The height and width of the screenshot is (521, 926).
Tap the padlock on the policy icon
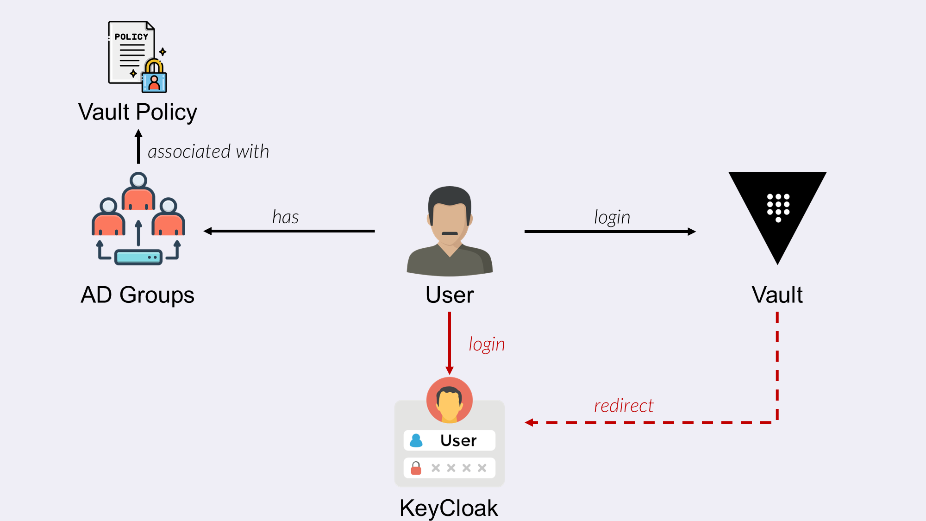154,77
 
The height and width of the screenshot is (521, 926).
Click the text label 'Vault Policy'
138,112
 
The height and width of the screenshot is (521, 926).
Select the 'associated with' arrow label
208,152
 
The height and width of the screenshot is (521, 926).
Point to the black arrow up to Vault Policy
138,147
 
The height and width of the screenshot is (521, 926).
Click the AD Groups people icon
138,218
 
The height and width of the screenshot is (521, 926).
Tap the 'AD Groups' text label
138,295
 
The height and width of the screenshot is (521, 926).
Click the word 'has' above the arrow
285,217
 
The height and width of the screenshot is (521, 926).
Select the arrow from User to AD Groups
289,231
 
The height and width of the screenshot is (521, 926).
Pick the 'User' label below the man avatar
450,295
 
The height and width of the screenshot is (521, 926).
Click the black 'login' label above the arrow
612,217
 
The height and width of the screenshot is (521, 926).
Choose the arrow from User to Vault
610,231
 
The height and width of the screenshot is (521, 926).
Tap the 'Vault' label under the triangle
777,295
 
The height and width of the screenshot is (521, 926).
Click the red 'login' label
487,345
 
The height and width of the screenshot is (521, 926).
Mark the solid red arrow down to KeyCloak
449,343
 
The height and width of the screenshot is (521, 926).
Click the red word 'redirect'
624,406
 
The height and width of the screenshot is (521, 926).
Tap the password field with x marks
449,468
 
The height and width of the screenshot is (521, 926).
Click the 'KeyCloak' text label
449,508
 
